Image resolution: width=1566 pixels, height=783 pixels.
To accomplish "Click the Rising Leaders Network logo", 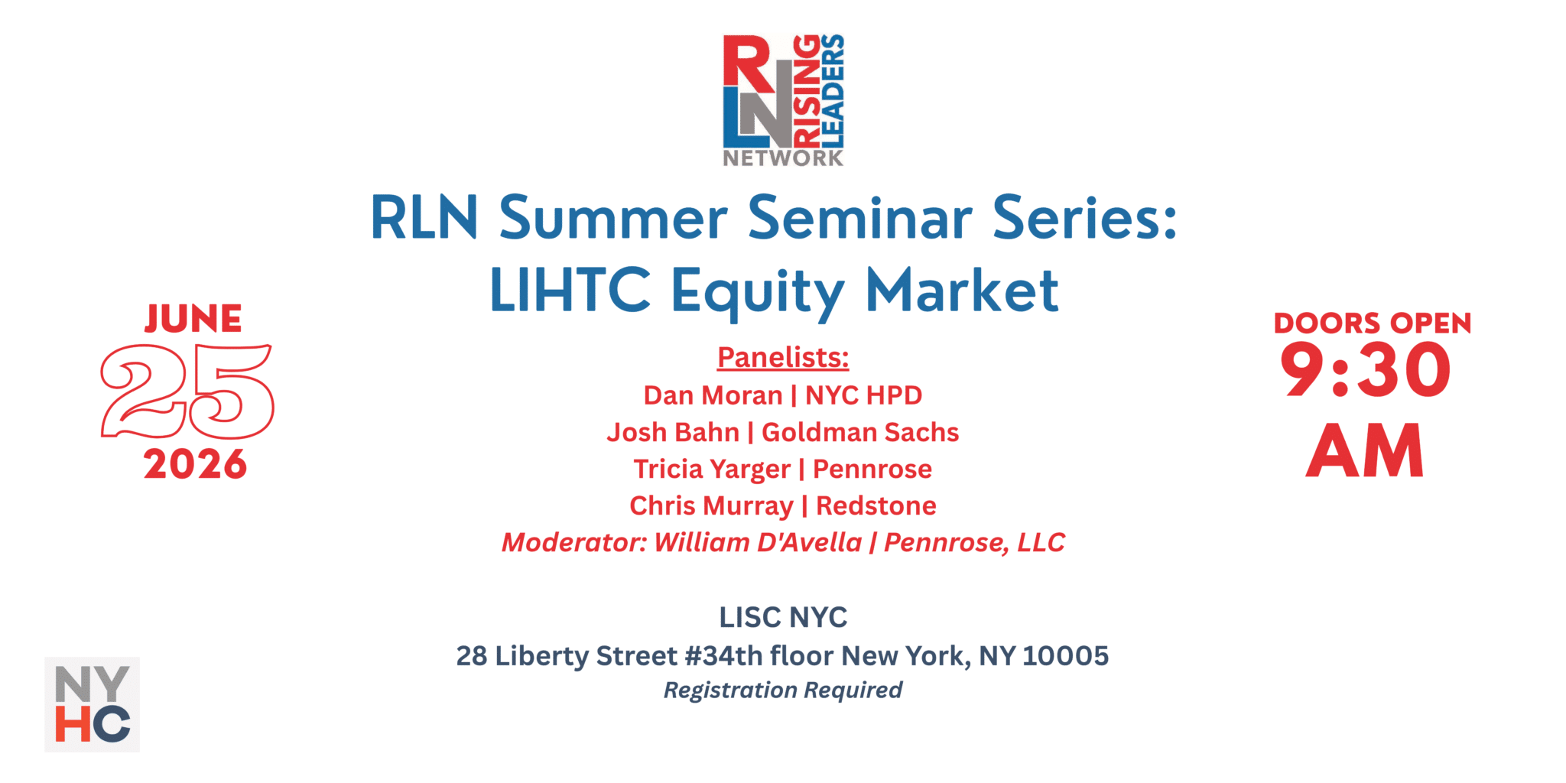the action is click(783, 100).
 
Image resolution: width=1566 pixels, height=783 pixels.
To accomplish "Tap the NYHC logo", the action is click(92, 704).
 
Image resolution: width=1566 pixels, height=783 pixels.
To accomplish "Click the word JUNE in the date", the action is click(193, 319).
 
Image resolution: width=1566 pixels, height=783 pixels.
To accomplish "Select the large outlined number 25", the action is click(187, 391).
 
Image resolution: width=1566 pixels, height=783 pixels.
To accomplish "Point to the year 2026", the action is click(195, 464).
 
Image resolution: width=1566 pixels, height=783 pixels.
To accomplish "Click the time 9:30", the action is click(1366, 370).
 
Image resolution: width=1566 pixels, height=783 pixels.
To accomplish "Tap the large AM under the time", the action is click(1365, 451).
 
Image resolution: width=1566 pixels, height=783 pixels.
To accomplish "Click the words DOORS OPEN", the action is click(1373, 323).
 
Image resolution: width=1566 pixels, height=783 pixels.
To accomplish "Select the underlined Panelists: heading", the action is click(783, 357).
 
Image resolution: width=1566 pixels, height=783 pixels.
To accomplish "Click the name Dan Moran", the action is click(713, 395).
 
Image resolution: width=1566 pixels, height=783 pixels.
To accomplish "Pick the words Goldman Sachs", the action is click(860, 432).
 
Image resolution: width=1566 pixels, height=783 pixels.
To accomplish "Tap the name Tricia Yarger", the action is click(712, 469).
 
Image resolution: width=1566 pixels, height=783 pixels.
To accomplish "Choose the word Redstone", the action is click(876, 505).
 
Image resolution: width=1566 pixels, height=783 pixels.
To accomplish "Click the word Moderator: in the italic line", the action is click(574, 542).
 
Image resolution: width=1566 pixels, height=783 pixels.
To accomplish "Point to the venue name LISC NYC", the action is click(783, 617).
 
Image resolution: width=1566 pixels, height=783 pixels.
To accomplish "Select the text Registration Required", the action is click(783, 690).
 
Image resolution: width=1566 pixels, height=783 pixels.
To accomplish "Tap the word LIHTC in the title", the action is click(570, 291).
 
